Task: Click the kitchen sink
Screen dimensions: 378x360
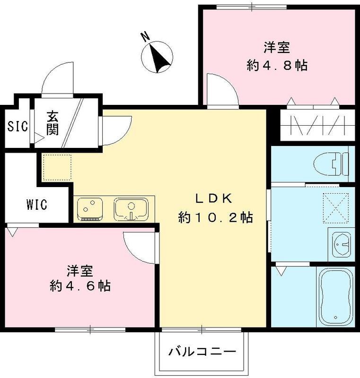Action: pos(131,208)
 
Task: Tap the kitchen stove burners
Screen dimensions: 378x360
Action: pos(90,208)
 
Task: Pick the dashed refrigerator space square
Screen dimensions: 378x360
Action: pos(57,167)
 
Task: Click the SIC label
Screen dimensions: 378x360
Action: pos(18,126)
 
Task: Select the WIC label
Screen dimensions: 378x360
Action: pos(36,206)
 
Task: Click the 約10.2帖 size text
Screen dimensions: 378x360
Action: pos(215,218)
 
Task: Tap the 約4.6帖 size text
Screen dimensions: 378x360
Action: pos(79,286)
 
